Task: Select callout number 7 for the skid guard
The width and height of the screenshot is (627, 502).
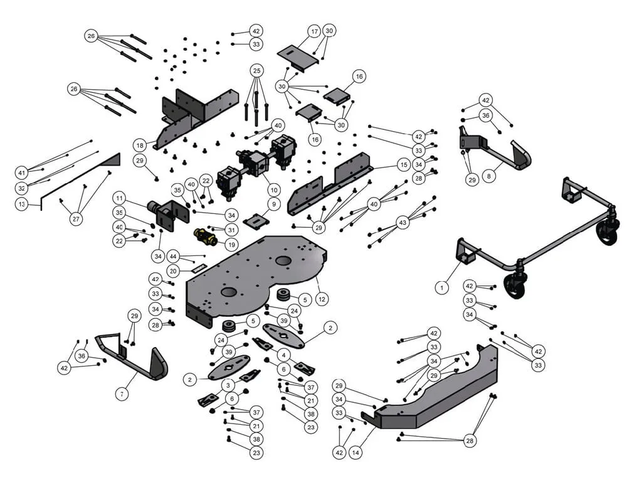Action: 121,394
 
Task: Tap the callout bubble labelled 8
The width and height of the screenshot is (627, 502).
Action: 489,176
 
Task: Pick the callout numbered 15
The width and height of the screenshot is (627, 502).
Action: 403,164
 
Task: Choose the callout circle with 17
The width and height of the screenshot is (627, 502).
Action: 314,31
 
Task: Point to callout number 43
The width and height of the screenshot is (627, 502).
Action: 403,222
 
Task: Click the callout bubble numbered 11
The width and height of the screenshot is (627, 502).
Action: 119,198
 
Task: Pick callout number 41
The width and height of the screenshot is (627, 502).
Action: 22,172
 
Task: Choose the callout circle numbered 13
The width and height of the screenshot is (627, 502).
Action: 22,205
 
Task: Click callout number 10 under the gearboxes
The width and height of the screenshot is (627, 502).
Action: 273,189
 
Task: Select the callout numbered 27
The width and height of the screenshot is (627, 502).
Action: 76,219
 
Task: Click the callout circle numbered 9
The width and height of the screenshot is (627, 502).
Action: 273,204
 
